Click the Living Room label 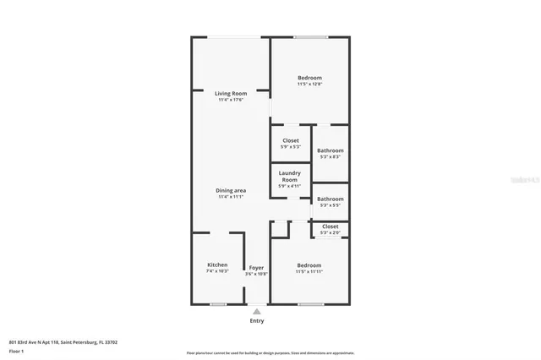click(229, 93)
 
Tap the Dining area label click(230, 190)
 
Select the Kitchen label click(217, 265)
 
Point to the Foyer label click(256, 267)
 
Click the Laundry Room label click(290, 176)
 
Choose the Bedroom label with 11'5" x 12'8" click(309, 78)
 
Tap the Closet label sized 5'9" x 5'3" click(291, 140)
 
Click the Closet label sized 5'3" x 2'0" click(330, 226)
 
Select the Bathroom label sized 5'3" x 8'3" click(330, 150)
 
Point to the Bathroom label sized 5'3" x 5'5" click(330, 199)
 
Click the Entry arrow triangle click(257, 311)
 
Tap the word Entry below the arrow click(257, 321)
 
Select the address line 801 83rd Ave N click(63, 342)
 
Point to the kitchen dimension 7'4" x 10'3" click(217, 271)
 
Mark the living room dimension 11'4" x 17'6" click(230, 100)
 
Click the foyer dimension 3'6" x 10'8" click(256, 274)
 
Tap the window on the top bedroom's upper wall click(310, 37)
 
